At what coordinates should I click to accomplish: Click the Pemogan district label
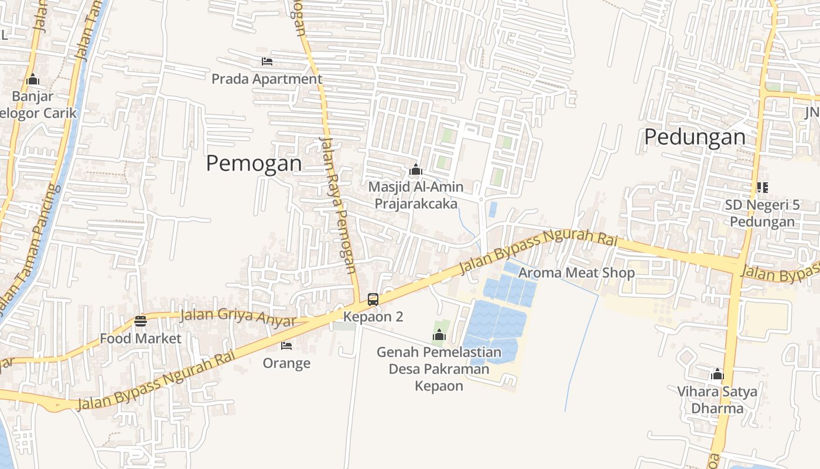click(x=254, y=163)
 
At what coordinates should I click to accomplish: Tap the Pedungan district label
click(x=695, y=137)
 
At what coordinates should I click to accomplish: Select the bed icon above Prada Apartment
click(x=267, y=62)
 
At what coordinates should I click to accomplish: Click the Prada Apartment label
click(x=266, y=79)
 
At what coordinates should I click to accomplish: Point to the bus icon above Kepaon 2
click(x=373, y=300)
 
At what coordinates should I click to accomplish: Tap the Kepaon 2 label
click(x=373, y=317)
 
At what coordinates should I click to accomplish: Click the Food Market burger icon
click(x=140, y=321)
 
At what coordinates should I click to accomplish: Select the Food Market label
click(x=141, y=338)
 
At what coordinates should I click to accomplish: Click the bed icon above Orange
click(x=286, y=346)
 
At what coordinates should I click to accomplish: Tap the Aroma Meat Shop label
click(x=576, y=273)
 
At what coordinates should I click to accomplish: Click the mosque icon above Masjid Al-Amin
click(x=416, y=170)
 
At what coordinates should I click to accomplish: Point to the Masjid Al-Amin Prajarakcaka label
click(x=416, y=195)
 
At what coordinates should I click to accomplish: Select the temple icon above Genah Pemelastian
click(x=439, y=335)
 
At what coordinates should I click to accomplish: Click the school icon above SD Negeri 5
click(x=762, y=188)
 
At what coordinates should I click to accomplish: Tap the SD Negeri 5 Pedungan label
click(x=762, y=213)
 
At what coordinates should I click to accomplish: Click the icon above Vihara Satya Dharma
click(x=717, y=375)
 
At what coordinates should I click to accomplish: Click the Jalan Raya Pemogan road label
click(x=338, y=205)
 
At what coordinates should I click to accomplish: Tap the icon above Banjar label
click(x=33, y=79)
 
